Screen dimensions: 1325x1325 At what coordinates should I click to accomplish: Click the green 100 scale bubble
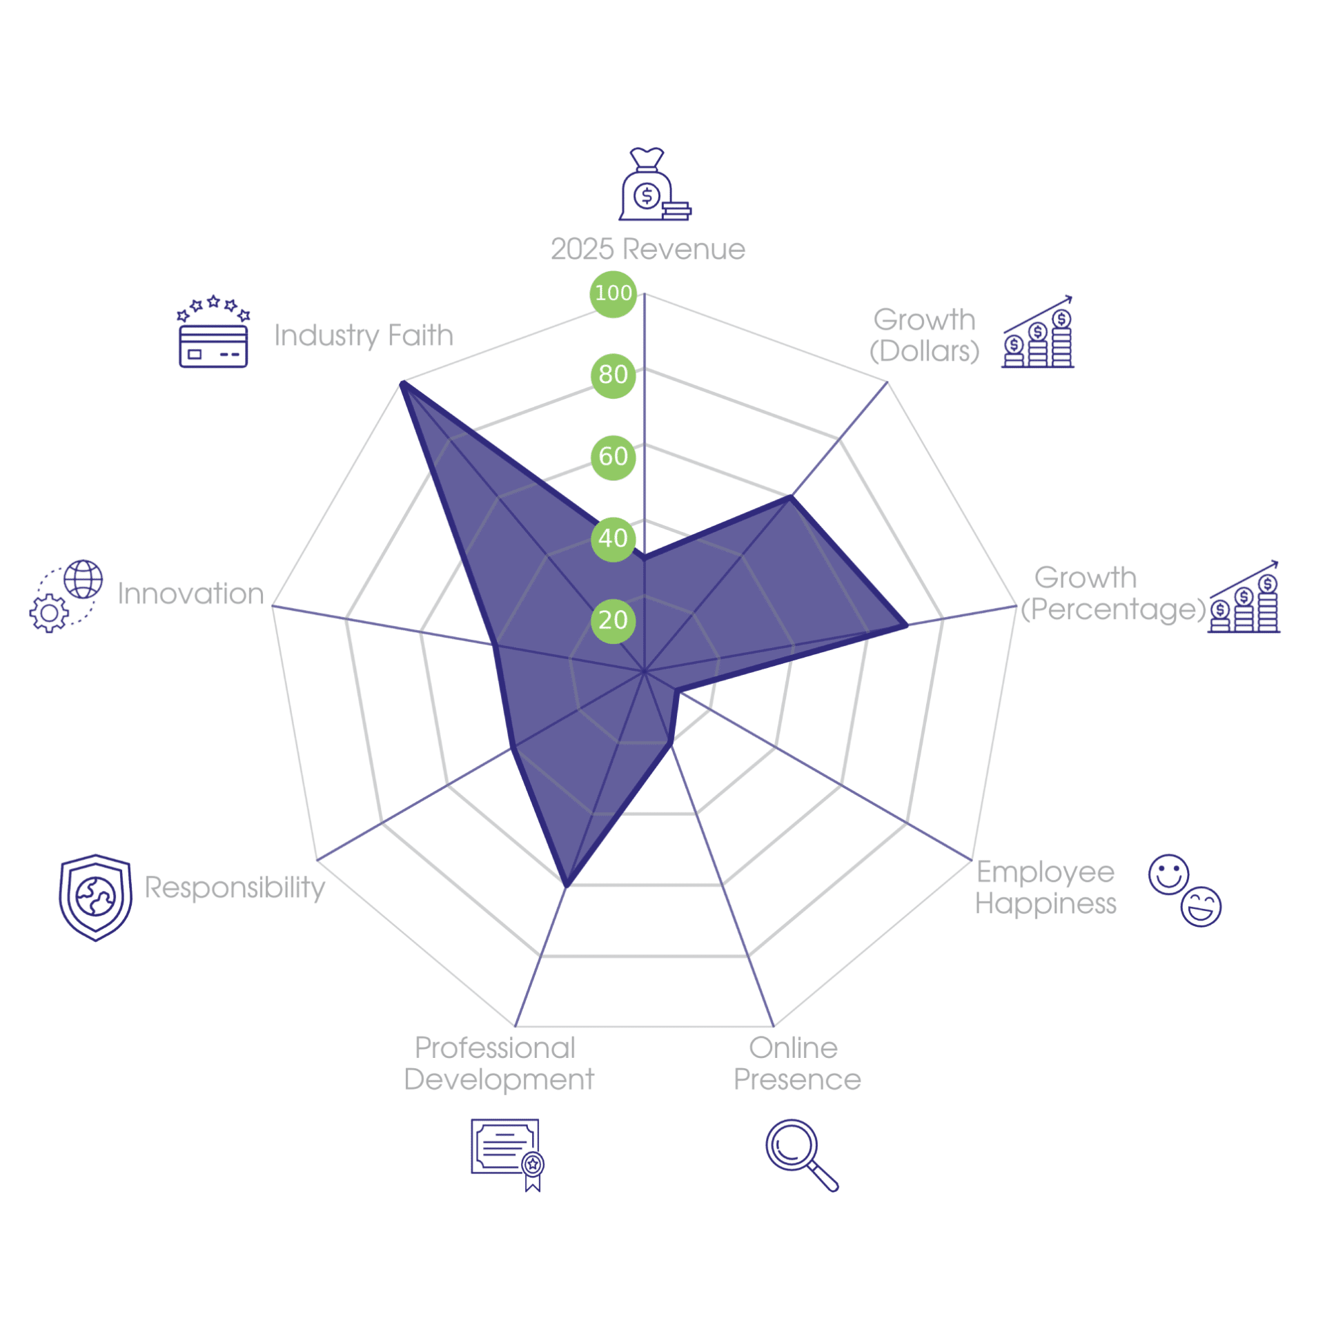coord(613,294)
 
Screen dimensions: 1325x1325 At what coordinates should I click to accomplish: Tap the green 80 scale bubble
coord(613,375)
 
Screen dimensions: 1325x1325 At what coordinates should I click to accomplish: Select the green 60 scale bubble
coord(613,457)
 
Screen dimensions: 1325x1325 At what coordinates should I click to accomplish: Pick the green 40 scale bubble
coord(613,539)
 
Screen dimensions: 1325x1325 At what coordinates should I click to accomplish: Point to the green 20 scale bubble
coord(613,620)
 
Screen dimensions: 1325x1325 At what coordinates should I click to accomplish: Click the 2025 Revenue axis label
coord(648,249)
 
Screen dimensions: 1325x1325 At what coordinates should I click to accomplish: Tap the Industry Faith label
coord(364,336)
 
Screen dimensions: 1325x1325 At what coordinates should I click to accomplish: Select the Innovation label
coord(190,593)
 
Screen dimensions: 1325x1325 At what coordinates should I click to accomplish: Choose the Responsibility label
coord(235,888)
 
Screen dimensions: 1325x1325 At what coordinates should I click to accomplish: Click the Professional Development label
coord(498,1063)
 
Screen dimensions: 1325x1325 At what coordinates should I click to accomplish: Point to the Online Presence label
coord(797,1063)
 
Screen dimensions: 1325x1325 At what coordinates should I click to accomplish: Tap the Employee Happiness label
coord(1046,887)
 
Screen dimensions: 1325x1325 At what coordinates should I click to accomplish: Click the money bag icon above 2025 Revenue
coord(654,184)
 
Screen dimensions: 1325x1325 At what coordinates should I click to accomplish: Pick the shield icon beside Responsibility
coord(95,897)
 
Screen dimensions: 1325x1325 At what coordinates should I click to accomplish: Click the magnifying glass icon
coord(801,1155)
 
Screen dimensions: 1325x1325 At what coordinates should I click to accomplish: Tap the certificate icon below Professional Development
coord(507,1155)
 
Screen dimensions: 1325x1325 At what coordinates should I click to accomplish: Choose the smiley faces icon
coord(1184,890)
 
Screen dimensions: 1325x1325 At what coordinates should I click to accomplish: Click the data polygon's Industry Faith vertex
coord(402,383)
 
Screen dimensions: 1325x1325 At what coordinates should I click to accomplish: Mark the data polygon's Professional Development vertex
coord(566,885)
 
